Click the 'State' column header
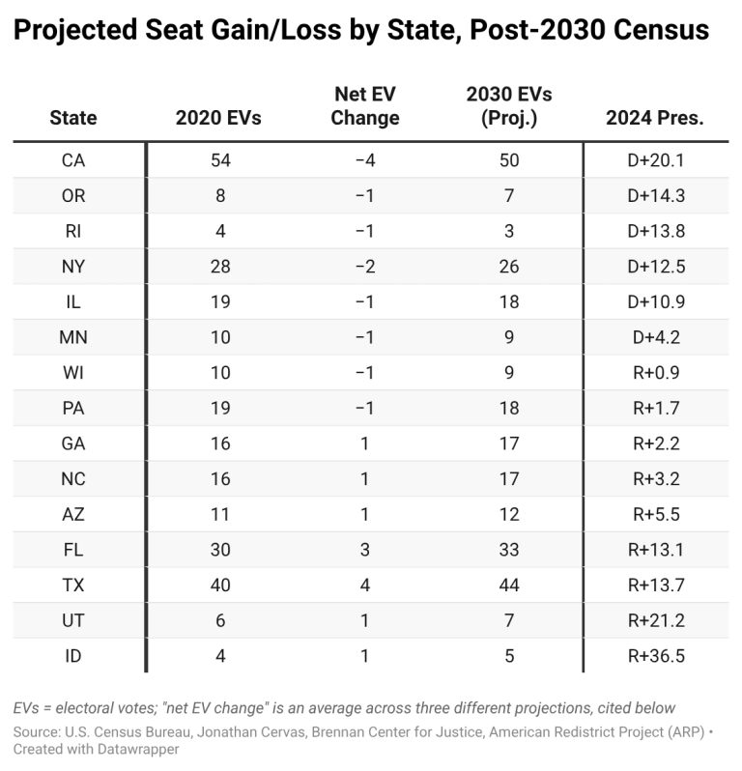pos(73,118)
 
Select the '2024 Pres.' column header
pos(655,118)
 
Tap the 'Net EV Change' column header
pos(365,106)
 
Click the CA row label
pos(73,160)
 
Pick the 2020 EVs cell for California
pos(220,160)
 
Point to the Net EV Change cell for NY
pos(365,267)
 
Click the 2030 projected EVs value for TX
pos(509,585)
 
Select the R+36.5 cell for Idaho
pos(655,657)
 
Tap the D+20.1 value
pos(655,160)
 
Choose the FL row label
pos(73,550)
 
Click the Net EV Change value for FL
pos(365,550)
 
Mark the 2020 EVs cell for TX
pos(220,585)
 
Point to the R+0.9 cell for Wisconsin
pos(655,373)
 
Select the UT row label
pos(73,621)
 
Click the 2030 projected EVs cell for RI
pos(509,231)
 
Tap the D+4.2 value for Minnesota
pos(655,337)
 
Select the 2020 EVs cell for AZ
pos(220,515)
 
